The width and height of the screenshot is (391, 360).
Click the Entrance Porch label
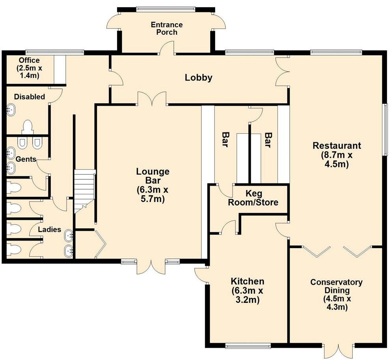click(x=167, y=28)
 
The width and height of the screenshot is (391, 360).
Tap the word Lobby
click(x=199, y=78)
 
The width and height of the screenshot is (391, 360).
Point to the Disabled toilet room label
click(x=29, y=97)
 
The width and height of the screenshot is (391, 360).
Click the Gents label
click(x=26, y=159)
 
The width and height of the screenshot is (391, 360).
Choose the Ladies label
click(x=49, y=229)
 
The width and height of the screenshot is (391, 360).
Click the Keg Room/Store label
click(x=262, y=198)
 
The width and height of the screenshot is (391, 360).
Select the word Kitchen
click(x=247, y=282)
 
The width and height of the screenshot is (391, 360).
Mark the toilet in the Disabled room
click(x=27, y=127)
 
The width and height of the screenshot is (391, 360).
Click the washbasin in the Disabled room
click(x=11, y=110)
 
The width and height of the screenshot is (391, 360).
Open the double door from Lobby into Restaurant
click(x=283, y=71)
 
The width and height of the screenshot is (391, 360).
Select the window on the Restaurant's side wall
click(x=385, y=130)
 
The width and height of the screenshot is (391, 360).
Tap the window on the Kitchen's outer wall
click(x=248, y=346)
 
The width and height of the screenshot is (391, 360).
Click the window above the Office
click(x=54, y=52)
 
